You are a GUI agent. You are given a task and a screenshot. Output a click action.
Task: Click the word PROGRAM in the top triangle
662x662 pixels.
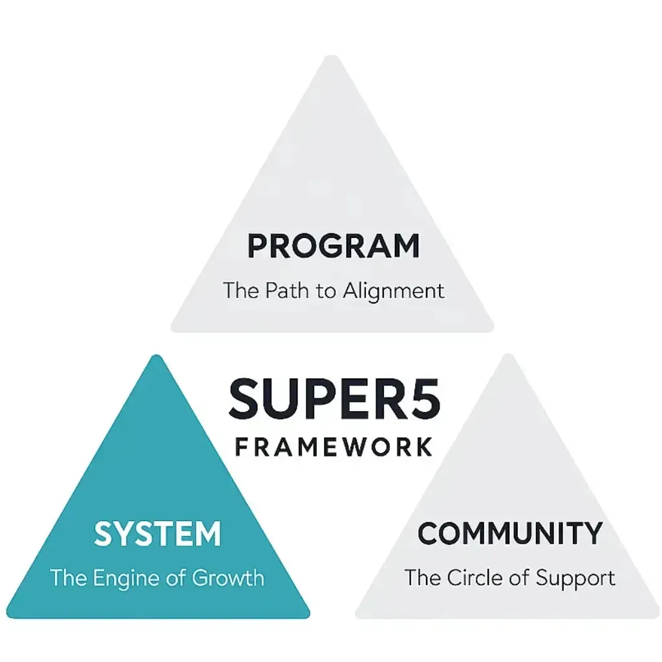tap(334, 246)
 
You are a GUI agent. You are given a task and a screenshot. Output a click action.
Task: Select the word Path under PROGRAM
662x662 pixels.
tap(285, 290)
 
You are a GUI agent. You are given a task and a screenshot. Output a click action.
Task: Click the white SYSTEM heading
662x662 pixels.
tap(158, 535)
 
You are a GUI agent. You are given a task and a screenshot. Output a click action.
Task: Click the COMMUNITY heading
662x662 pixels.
tap(509, 533)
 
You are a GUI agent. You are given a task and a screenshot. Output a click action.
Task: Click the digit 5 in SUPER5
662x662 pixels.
tap(423, 399)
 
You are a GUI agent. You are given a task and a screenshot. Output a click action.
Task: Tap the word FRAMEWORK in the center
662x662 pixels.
tap(334, 447)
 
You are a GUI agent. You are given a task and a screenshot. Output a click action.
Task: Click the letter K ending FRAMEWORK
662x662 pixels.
tap(423, 447)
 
